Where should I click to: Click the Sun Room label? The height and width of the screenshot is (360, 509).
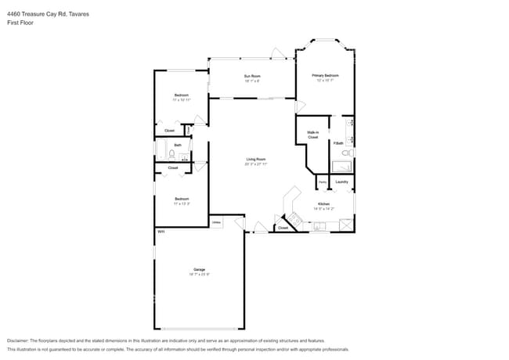point(252,77)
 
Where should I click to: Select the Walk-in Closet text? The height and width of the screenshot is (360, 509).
point(312,135)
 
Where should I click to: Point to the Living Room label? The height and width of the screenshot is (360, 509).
point(255,160)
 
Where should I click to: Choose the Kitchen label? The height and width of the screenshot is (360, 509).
point(323,204)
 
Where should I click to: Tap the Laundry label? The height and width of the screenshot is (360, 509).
point(341,182)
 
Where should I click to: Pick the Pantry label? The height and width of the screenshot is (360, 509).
point(322,182)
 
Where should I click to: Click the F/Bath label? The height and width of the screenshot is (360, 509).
point(339,143)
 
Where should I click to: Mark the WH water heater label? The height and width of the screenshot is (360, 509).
point(161,232)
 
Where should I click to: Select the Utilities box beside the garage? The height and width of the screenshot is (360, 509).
point(217,222)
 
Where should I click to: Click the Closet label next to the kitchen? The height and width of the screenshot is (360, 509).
point(282,228)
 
